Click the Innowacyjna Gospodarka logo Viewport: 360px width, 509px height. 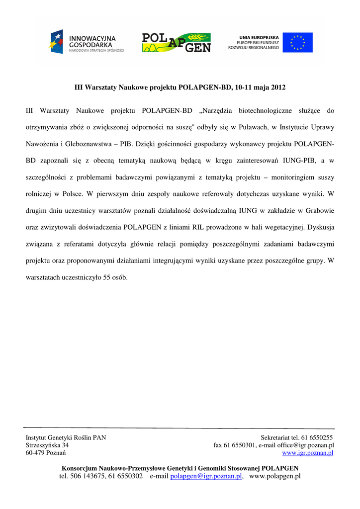click(x=87, y=42)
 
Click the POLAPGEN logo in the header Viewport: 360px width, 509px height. click(x=177, y=42)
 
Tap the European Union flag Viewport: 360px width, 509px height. click(x=298, y=42)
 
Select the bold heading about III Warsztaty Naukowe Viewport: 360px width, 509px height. click(x=180, y=87)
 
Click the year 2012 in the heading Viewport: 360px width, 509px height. click(x=278, y=87)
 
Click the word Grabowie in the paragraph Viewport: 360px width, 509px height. click(x=320, y=210)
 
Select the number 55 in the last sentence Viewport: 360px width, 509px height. click(x=106, y=277)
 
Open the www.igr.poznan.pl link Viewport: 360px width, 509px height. click(x=308, y=453)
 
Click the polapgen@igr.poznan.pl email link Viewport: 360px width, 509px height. click(x=206, y=476)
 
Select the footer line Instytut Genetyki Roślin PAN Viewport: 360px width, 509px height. click(x=66, y=437)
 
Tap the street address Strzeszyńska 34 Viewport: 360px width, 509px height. click(x=47, y=445)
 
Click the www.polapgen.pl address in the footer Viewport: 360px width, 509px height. click(x=275, y=476)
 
